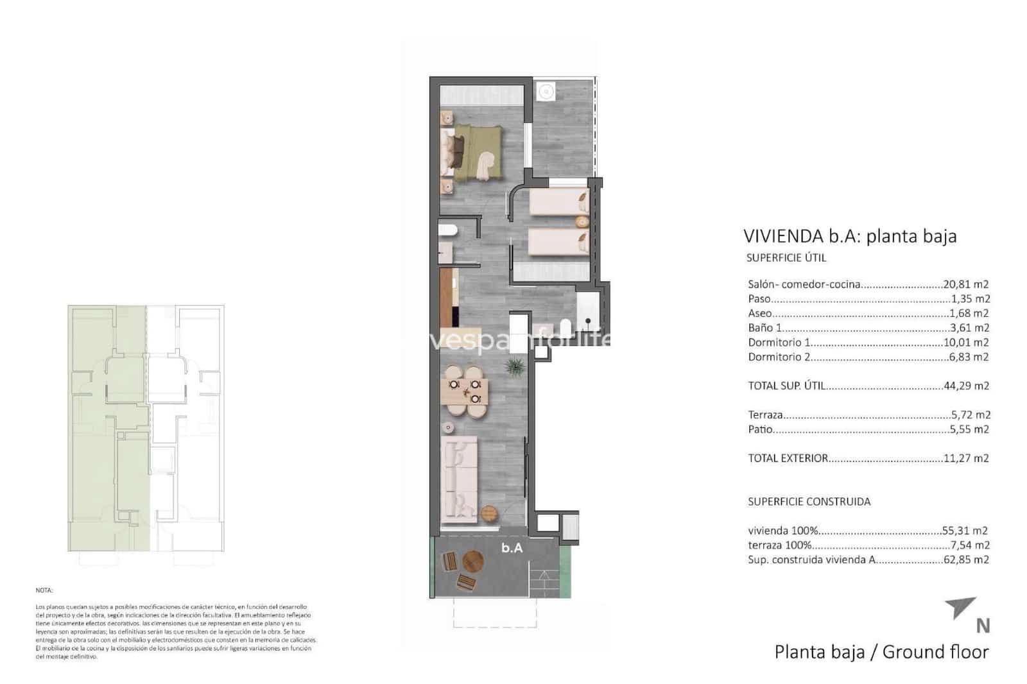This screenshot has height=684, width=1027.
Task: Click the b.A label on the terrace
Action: point(512,548)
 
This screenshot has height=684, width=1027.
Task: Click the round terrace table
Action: point(472,561)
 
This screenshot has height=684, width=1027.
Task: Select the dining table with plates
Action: point(464,391)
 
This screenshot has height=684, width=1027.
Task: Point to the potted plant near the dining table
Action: point(514,366)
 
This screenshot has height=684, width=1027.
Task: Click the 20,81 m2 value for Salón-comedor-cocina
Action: point(965,284)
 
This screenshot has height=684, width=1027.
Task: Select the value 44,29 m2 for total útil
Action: point(965,386)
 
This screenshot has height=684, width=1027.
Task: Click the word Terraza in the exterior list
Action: point(765,415)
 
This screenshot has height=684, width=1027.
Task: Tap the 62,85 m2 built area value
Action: point(965,560)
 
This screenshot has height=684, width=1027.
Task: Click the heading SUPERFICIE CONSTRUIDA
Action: point(809,502)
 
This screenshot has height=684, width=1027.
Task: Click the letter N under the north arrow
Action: point(982,625)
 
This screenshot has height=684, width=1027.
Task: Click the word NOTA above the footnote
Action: point(44,590)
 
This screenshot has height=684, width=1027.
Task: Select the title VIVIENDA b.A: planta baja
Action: point(849,236)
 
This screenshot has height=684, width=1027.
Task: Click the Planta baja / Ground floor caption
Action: point(881,652)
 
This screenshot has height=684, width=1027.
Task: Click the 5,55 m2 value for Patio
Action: point(969,429)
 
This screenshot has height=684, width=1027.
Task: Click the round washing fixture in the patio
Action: point(545,92)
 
